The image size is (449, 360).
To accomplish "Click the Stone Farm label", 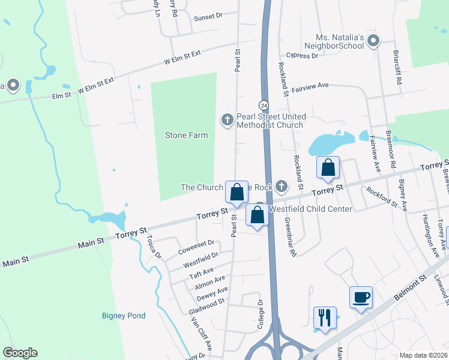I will click(x=186, y=135).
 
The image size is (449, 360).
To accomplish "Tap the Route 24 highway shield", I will click(x=264, y=104).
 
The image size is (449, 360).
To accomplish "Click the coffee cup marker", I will click(x=361, y=298).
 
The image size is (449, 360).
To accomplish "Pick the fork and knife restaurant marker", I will click(x=325, y=318).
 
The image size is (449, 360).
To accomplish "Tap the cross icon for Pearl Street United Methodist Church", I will click(x=228, y=121).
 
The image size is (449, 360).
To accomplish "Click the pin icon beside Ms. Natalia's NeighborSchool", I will click(x=373, y=41).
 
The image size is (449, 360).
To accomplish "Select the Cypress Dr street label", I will click(x=302, y=55).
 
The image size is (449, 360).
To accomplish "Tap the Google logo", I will click(x=20, y=353).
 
